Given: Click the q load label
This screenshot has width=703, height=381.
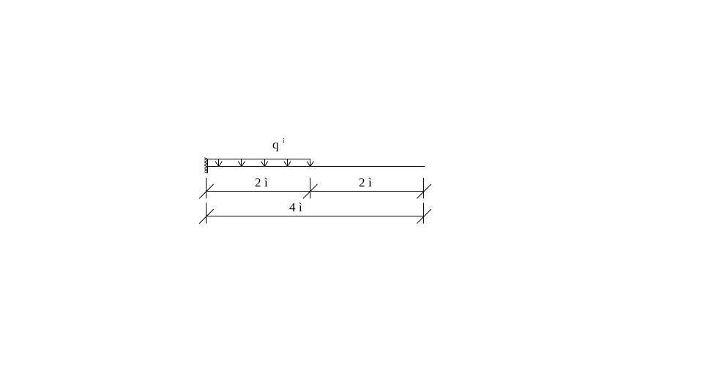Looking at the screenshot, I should [276, 146].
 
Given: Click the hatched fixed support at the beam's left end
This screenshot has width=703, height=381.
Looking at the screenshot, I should [207, 165].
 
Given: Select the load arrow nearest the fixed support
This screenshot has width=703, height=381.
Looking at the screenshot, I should [217, 162].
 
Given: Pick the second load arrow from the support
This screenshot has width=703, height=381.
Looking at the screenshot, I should [241, 162].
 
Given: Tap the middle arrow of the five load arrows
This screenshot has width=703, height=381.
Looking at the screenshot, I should [264, 162].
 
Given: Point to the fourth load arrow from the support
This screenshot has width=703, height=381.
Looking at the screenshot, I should [288, 162].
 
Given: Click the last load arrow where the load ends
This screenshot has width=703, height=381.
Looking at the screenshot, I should [310, 162].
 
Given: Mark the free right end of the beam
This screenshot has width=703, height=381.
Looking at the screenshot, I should [423, 166].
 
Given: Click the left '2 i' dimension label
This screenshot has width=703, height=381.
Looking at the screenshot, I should [261, 183].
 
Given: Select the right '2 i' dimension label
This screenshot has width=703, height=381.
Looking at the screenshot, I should [365, 183].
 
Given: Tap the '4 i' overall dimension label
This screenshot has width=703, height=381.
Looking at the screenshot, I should [296, 208].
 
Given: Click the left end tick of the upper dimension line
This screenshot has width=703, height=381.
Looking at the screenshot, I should [206, 191].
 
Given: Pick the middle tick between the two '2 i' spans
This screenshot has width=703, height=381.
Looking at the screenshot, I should [310, 191].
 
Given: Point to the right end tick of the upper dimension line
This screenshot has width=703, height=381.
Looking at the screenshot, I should [423, 191].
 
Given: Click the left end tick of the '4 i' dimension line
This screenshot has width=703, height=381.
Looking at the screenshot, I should [206, 216].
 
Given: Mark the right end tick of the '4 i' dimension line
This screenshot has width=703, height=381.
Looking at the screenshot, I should [423, 216].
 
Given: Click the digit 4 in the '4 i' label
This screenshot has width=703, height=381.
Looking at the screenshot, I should [293, 208].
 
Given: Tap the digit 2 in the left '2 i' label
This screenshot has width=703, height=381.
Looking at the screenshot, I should [258, 183].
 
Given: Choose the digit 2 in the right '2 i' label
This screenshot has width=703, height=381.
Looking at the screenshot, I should [362, 183].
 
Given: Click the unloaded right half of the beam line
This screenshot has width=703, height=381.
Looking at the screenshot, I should [366, 166].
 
